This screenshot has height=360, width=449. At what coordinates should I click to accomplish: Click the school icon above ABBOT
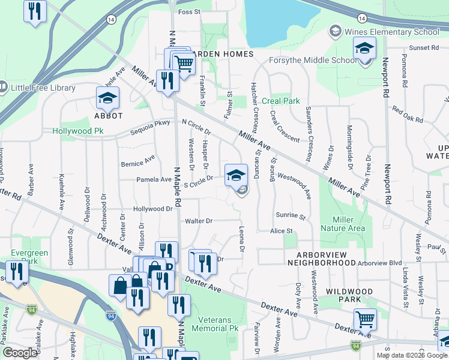point(107,97)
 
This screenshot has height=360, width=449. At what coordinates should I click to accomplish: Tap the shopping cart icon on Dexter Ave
point(364,319)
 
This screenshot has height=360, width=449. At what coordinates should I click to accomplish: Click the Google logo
point(20,353)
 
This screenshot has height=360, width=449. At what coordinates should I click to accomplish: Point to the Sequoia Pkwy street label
point(152,127)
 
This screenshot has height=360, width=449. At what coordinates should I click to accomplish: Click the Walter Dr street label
point(199,221)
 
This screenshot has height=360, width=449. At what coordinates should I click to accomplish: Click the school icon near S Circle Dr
point(236,175)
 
